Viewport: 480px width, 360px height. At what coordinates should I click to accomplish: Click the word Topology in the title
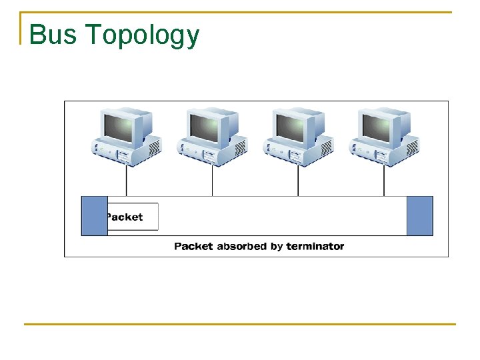pyautogui.click(x=142, y=36)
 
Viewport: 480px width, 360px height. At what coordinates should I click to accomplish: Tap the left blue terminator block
pyautogui.click(x=94, y=216)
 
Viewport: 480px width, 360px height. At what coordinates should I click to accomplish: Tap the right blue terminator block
pyautogui.click(x=419, y=216)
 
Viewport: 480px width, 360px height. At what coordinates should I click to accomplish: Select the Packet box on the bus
pyautogui.click(x=132, y=217)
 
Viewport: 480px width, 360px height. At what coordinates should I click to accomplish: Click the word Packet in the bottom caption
pyautogui.click(x=193, y=246)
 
